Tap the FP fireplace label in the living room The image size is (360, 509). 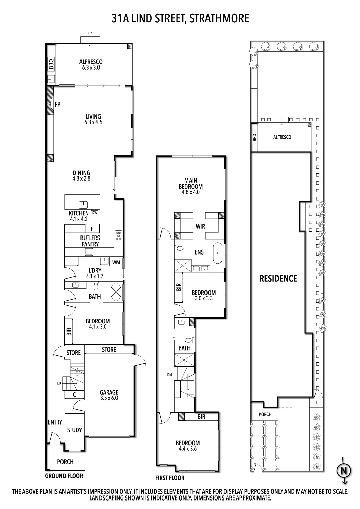pyautogui.click(x=58, y=105)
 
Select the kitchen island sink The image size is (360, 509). pyautogui.click(x=83, y=204)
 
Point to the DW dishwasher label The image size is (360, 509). pyautogui.click(x=95, y=213)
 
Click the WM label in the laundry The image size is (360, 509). pyautogui.click(x=116, y=262)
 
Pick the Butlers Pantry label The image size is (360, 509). pyautogui.click(x=90, y=241)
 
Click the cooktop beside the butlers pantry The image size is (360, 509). pyautogui.click(x=119, y=235)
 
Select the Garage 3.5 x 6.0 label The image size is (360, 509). pyautogui.click(x=109, y=395)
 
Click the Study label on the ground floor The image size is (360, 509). pyautogui.click(x=74, y=430)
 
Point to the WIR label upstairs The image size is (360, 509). pyautogui.click(x=200, y=226)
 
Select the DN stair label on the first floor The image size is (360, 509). pyautogui.click(x=169, y=375)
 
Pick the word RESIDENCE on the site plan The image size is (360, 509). pyautogui.click(x=278, y=279)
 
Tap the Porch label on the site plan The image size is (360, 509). pyautogui.click(x=265, y=414)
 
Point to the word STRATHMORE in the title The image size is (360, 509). pyautogui.click(x=219, y=18)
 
